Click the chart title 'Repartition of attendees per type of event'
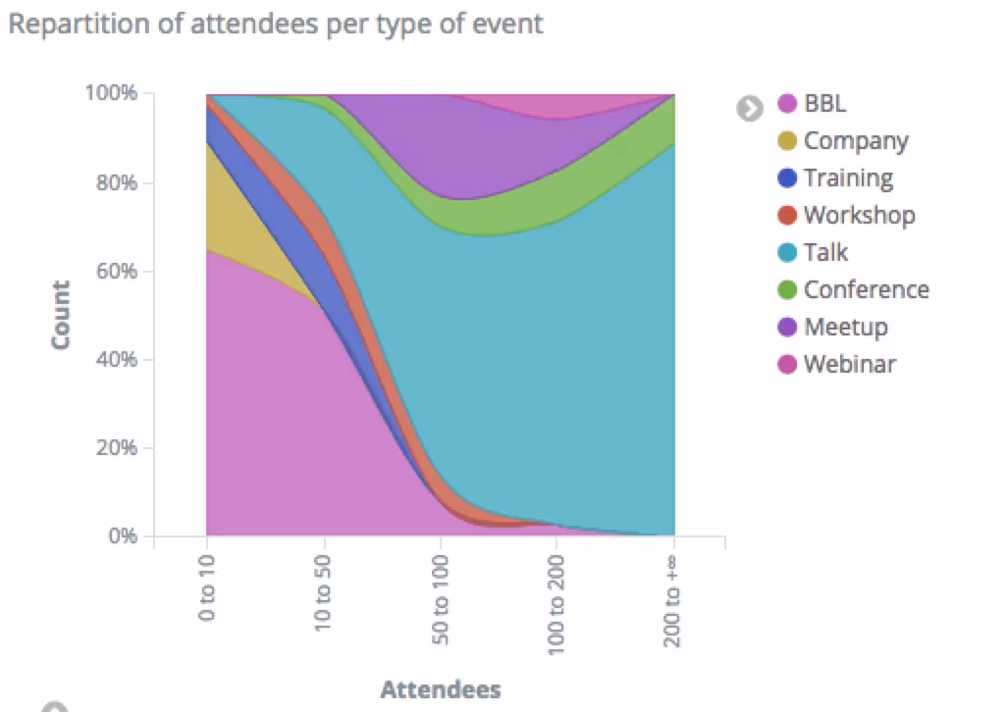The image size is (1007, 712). [x=275, y=24]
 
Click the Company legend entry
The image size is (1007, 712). [x=855, y=141]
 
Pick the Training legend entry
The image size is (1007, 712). [x=848, y=178]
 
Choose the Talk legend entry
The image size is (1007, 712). [x=825, y=253]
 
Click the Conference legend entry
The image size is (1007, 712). [x=866, y=290]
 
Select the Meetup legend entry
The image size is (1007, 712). [x=845, y=328]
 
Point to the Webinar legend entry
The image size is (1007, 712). [x=850, y=365]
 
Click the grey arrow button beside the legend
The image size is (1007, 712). [x=750, y=107]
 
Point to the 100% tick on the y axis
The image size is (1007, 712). [x=114, y=94]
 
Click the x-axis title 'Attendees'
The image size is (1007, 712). [x=441, y=689]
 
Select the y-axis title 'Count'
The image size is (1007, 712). [x=61, y=315]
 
